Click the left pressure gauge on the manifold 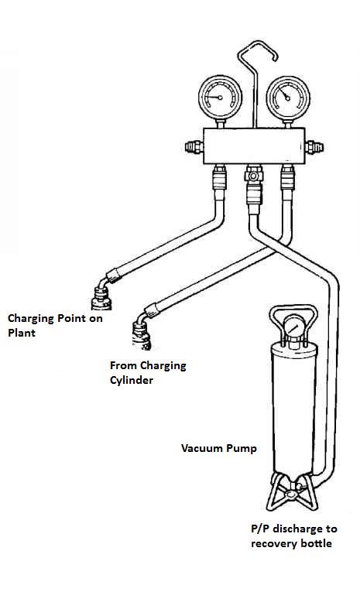click(x=220, y=98)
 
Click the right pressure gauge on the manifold click(x=288, y=98)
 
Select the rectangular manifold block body click(x=254, y=146)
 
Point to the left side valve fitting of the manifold click(x=194, y=147)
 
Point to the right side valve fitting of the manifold click(x=314, y=147)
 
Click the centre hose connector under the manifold click(x=254, y=185)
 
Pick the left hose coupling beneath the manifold click(x=219, y=176)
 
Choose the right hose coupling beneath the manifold click(x=287, y=176)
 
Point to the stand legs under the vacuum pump click(x=292, y=492)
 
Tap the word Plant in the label click(x=22, y=333)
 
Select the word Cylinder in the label click(x=132, y=380)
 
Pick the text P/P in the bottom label click(x=260, y=529)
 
